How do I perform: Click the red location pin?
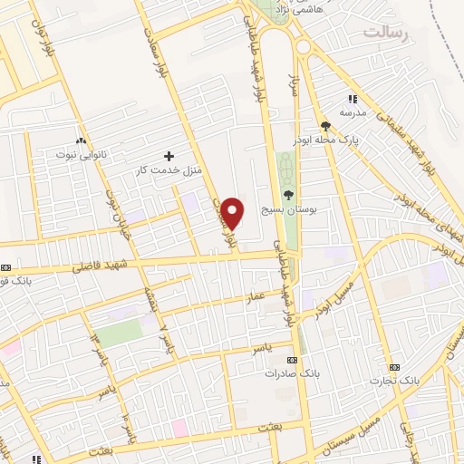tap(234, 213)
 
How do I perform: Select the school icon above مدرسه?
tap(353, 100)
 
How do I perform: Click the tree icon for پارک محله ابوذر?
tap(325, 126)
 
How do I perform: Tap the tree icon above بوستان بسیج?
tap(288, 195)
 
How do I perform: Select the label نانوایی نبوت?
tap(81, 155)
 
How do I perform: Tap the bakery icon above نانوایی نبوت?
tap(81, 140)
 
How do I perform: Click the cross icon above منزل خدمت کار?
tap(168, 156)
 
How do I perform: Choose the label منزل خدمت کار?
tap(169, 170)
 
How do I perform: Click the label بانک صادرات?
tap(289, 372)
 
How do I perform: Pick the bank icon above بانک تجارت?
tap(393, 366)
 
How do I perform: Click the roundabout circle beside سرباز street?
tap(304, 45)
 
